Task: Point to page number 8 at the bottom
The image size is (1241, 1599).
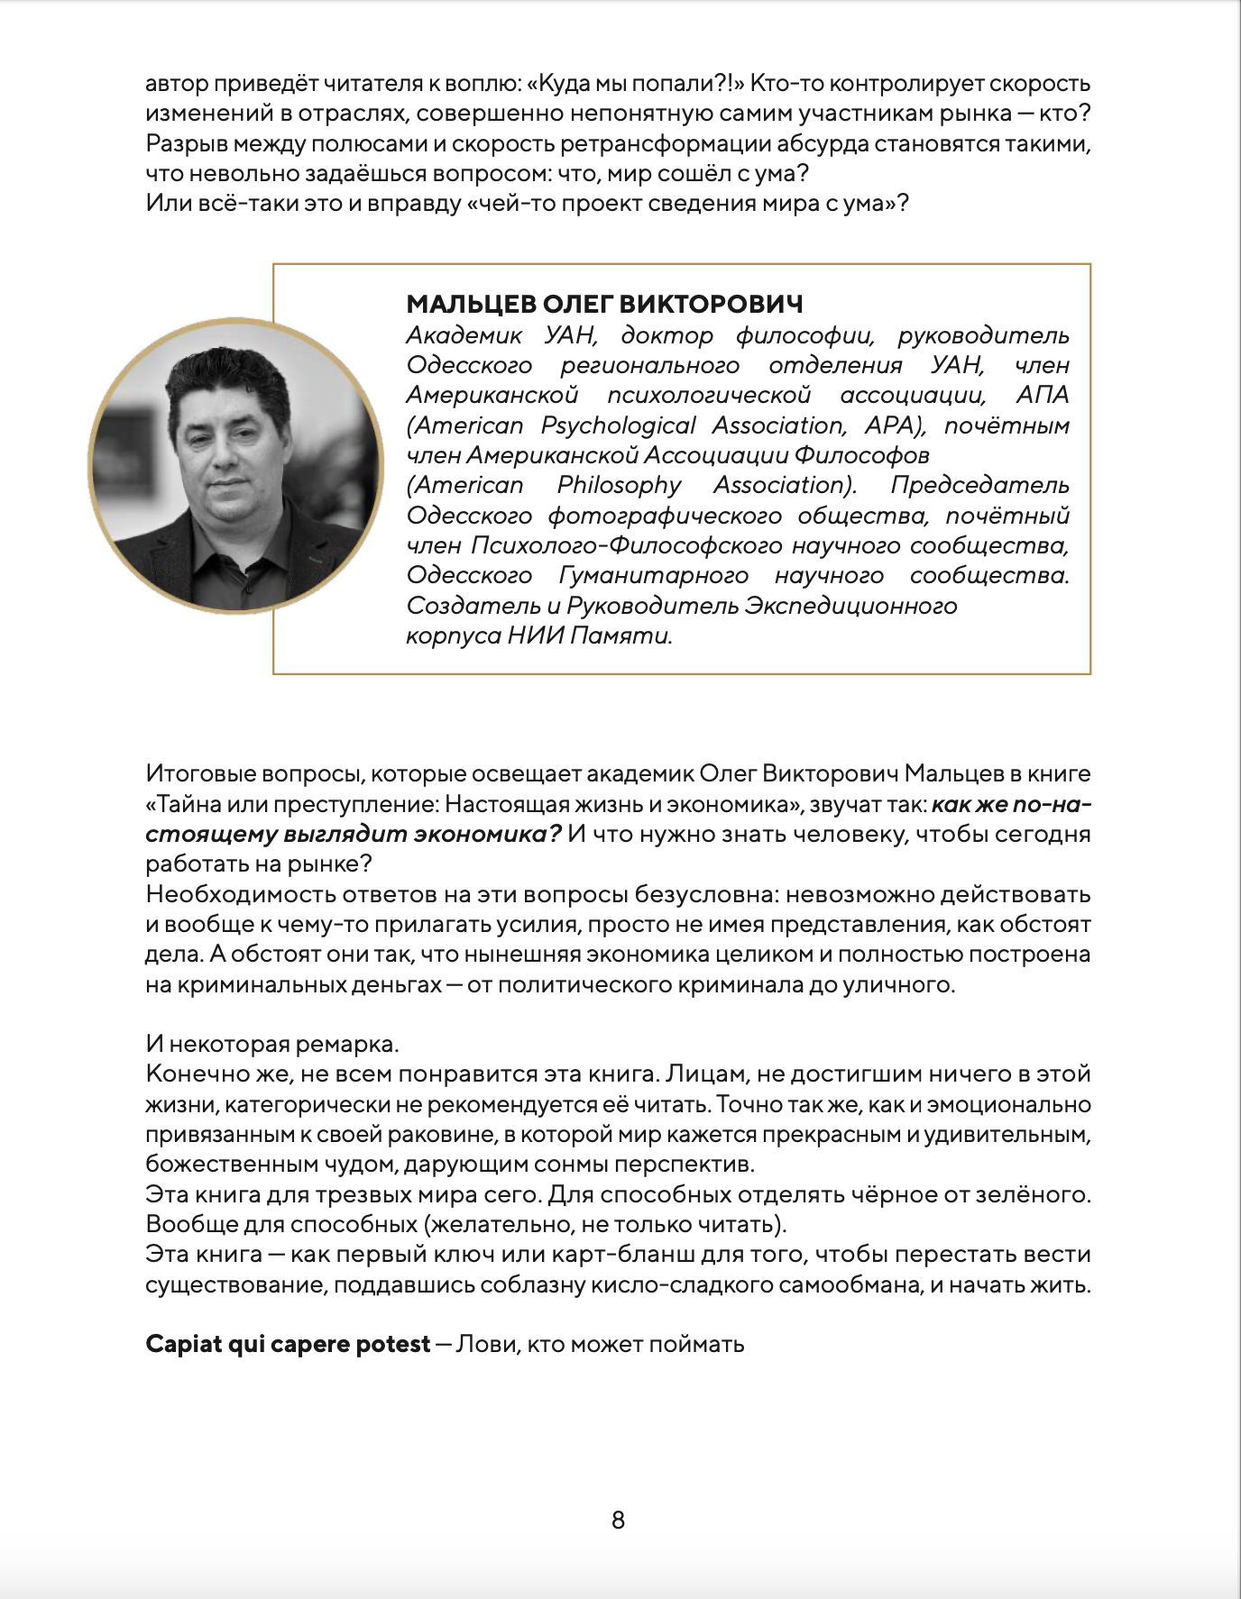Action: point(618,1520)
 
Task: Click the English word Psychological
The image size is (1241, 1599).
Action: point(618,425)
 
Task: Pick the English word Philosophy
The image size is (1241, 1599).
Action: point(619,485)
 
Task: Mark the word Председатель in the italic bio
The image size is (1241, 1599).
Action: point(979,485)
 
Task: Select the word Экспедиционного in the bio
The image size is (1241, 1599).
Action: point(850,605)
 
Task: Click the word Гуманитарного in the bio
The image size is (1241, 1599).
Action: point(654,575)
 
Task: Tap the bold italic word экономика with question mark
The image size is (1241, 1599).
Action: point(488,834)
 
